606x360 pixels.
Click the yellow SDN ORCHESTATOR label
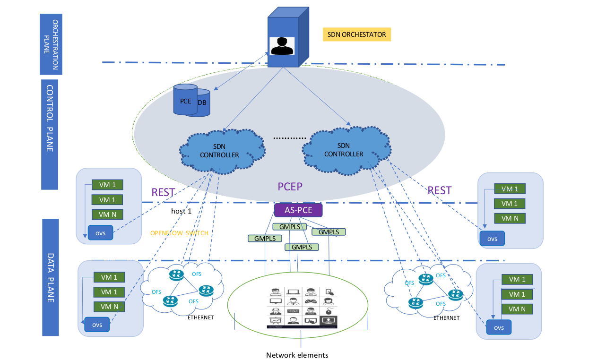(x=357, y=34)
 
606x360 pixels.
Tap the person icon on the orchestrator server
(x=282, y=46)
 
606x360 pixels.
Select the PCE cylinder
(x=185, y=100)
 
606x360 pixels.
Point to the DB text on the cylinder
(x=202, y=103)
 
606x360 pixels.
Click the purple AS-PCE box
(x=298, y=210)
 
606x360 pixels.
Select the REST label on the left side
(x=163, y=192)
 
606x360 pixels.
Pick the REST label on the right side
(x=439, y=190)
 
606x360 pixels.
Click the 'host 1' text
(x=181, y=211)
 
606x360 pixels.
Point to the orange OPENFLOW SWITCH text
(x=179, y=233)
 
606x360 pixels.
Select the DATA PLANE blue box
(x=51, y=277)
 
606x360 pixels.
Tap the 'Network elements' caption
(x=297, y=355)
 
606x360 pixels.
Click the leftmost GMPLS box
(x=264, y=239)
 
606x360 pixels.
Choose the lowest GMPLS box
(x=301, y=247)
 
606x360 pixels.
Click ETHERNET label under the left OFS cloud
(x=200, y=317)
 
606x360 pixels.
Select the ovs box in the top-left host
(x=100, y=233)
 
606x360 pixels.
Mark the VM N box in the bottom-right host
(x=517, y=309)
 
